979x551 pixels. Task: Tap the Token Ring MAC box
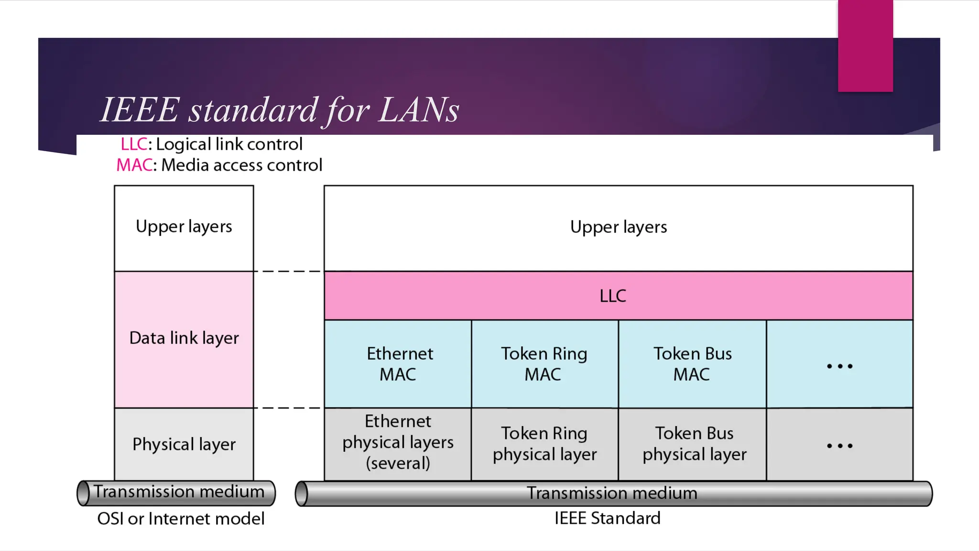click(x=544, y=364)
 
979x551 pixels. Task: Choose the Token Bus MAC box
click(x=692, y=364)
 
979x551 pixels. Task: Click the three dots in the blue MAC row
click(x=839, y=366)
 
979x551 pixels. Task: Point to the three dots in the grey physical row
click(x=839, y=446)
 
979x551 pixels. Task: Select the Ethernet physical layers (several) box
click(x=398, y=442)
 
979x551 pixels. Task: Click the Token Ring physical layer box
click(x=544, y=444)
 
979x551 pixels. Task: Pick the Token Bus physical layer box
click(x=694, y=444)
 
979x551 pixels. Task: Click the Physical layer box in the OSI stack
click(x=184, y=444)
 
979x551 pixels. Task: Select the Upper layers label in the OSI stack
click(x=184, y=227)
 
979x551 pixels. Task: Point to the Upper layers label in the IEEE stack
click(x=619, y=227)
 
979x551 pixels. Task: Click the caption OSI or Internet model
click(x=181, y=518)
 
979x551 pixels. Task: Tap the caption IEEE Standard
click(x=607, y=518)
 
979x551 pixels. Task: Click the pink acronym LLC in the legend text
click(x=134, y=144)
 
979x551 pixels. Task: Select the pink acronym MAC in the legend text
click(x=134, y=165)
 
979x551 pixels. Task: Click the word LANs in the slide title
click(x=419, y=110)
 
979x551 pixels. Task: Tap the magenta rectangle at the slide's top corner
click(x=865, y=45)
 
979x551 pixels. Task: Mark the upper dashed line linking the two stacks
click(x=288, y=271)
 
